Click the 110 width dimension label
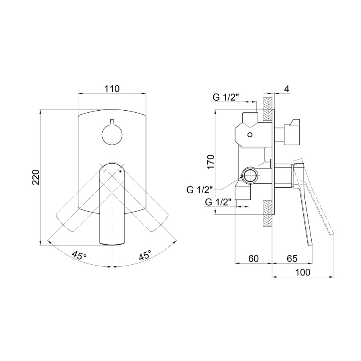pos(112,89)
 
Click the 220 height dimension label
pos(36,177)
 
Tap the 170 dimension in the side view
pos(212,162)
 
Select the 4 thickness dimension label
pos(286,89)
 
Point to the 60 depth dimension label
pos(253,259)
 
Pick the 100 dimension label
pos(303,272)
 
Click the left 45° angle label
pos(79,255)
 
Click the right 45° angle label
pos(145,255)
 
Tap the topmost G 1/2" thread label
pos(225,97)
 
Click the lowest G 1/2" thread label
pos(219,203)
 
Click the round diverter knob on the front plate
pos(112,134)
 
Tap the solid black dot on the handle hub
pos(120,171)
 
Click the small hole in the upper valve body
pos(250,134)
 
